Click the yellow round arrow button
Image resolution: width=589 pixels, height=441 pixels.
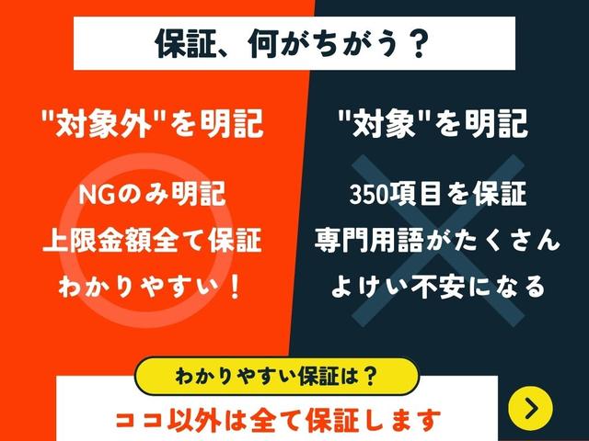coord(530,408)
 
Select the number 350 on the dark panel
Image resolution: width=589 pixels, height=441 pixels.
coord(368,195)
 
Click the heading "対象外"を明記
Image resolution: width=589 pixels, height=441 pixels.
coord(152,124)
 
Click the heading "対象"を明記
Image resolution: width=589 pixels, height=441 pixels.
coord(433,124)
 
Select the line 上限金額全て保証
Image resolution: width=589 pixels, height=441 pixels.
coord(152,240)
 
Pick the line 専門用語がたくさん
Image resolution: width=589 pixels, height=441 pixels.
coord(437,240)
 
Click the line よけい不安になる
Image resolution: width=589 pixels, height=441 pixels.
coord(438,287)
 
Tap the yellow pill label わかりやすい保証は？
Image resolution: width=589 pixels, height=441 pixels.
coord(276,376)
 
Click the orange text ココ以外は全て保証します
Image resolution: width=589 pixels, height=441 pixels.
coord(278,421)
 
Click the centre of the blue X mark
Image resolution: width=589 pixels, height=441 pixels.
coord(438,241)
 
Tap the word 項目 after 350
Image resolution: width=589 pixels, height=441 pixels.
coord(415,195)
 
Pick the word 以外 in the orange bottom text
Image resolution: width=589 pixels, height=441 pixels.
coord(194,421)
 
